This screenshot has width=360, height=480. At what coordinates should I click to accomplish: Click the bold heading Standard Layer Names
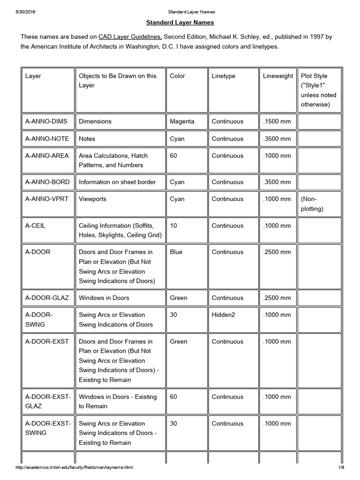[x=180, y=22]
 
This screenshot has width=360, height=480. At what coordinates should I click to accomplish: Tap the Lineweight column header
[x=278, y=76]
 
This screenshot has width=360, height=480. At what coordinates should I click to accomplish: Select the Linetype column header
[x=223, y=76]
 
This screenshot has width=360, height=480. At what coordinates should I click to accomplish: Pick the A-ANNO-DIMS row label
[x=46, y=121]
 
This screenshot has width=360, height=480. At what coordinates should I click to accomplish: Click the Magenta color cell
[x=182, y=121]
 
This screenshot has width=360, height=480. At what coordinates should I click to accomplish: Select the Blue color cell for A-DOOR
[x=176, y=252]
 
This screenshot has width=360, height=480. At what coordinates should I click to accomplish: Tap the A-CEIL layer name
[x=35, y=225]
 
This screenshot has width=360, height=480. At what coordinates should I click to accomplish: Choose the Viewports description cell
[x=93, y=199]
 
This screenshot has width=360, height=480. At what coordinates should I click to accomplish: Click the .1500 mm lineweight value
[x=277, y=121]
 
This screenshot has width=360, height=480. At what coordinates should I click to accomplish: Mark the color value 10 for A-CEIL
[x=173, y=225]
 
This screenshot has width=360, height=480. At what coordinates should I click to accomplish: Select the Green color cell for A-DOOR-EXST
[x=179, y=342]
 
